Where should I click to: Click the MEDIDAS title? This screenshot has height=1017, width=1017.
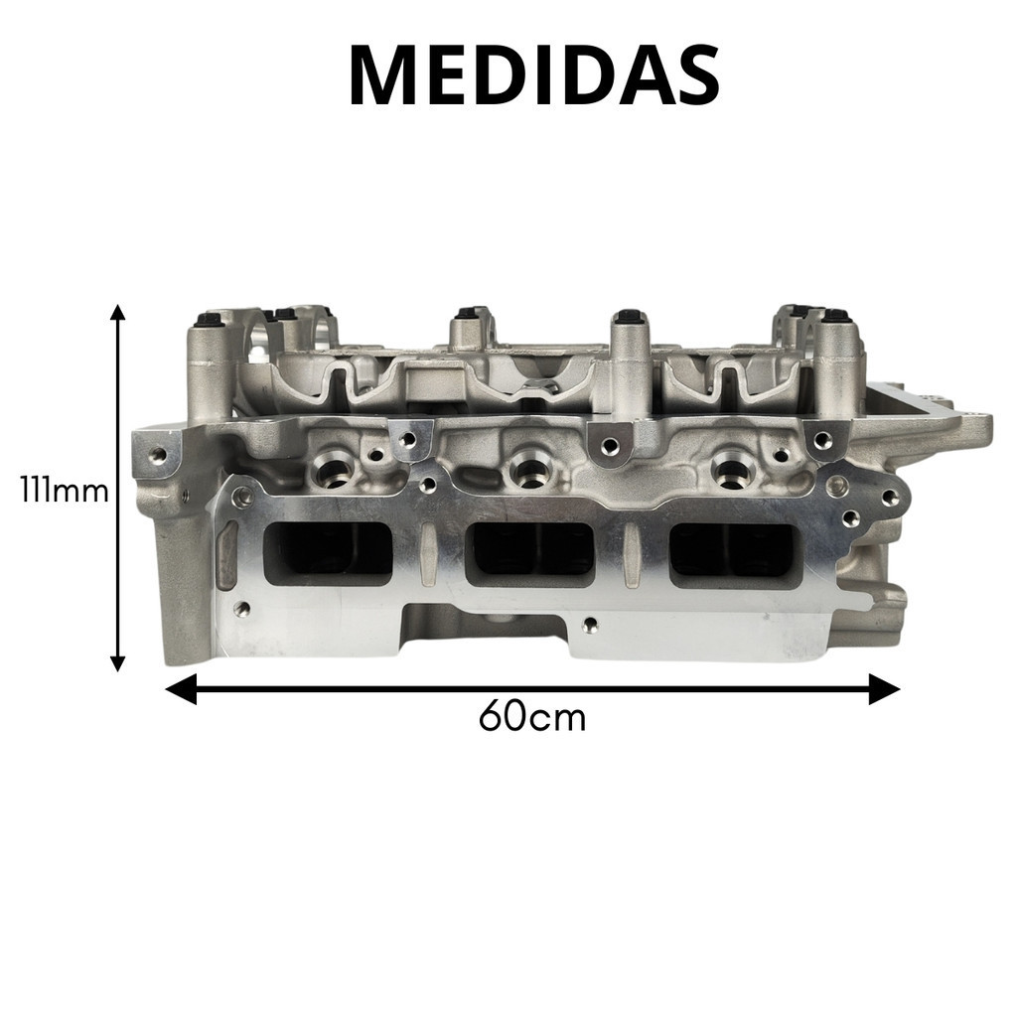[534, 75]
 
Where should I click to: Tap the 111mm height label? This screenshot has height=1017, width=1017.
[65, 491]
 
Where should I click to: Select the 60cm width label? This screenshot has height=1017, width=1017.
[532, 717]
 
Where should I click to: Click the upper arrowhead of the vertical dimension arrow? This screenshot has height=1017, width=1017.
[117, 312]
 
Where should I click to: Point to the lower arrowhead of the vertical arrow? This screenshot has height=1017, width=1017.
[117, 662]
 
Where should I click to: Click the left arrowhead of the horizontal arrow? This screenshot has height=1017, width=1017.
[181, 689]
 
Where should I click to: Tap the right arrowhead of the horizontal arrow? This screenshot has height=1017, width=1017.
[885, 689]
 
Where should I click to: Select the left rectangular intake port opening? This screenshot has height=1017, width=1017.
[328, 553]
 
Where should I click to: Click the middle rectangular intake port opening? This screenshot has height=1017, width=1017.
[530, 552]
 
